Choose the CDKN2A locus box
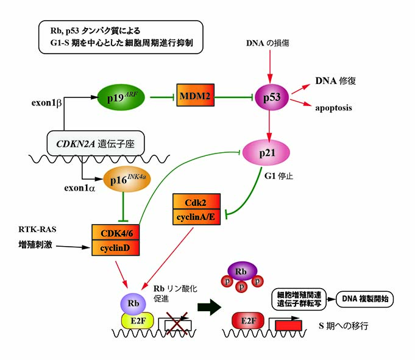(x=96, y=144)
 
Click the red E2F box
(x=243, y=320)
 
